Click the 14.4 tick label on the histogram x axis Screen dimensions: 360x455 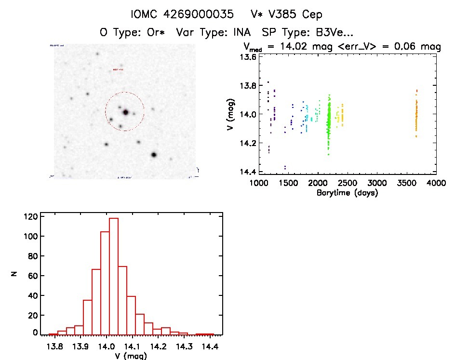209,347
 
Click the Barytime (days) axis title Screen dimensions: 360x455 347,193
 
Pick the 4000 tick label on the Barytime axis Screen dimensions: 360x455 436,183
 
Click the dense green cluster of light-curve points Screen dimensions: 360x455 329,120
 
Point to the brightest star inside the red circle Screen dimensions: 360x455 126,112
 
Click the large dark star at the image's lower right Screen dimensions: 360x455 154,155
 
